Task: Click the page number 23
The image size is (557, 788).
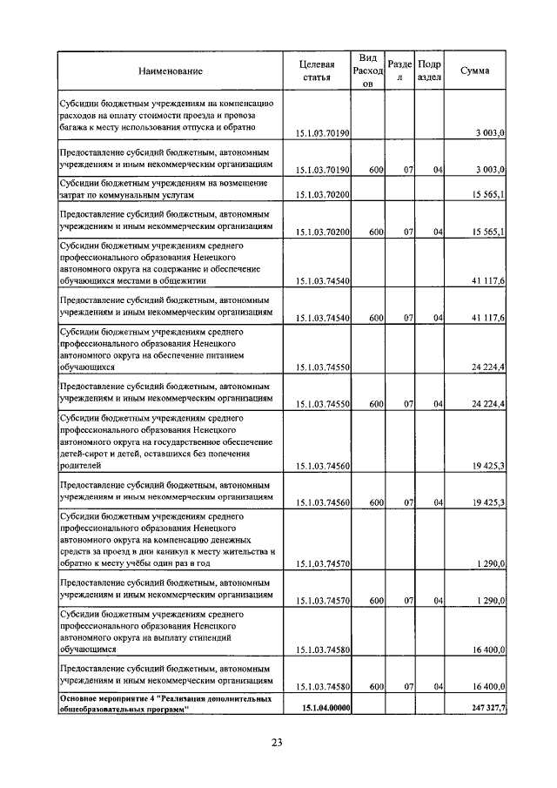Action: click(277, 742)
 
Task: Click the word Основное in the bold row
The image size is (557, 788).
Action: click(78, 699)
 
